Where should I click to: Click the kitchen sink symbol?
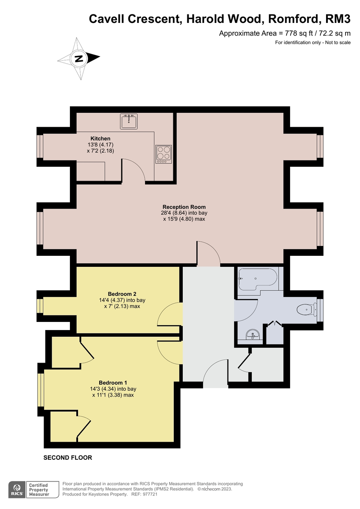tap(128, 122)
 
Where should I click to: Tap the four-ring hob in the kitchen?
tap(164, 154)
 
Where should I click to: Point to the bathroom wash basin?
tap(253, 335)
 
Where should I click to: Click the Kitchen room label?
tap(100, 139)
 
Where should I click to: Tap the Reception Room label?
tap(184, 207)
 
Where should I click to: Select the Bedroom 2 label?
tap(122, 294)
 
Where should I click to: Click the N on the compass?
tap(79, 59)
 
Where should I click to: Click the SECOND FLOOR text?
tap(68, 458)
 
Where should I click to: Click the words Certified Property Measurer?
tap(38, 489)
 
